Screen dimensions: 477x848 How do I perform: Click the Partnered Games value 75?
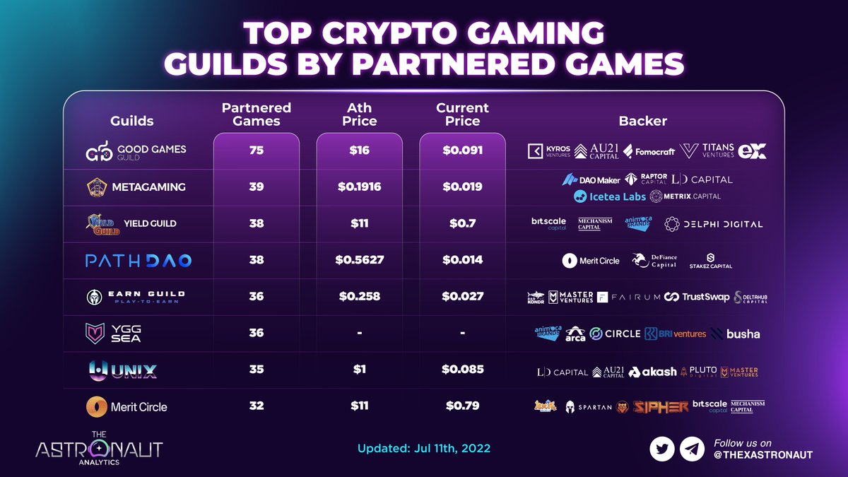click(257, 150)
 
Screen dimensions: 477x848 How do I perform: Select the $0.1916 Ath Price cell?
click(360, 187)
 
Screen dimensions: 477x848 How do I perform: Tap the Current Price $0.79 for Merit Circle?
click(462, 406)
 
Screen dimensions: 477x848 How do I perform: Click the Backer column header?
click(642, 121)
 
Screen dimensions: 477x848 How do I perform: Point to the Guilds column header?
click(132, 121)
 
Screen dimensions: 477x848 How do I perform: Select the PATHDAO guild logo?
click(139, 261)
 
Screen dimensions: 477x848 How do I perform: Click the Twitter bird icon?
click(662, 449)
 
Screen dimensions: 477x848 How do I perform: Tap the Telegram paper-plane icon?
click(692, 449)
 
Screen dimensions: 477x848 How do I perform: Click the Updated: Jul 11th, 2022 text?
click(424, 449)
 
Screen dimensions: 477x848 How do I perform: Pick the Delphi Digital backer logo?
click(714, 224)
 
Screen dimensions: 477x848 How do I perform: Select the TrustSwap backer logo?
click(696, 297)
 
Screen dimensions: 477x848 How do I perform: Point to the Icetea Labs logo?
click(610, 196)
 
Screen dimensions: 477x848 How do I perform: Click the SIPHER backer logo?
click(660, 406)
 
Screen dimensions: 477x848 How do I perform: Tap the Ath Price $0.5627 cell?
click(360, 260)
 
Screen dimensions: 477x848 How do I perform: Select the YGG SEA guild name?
click(126, 334)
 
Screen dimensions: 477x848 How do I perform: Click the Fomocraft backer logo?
click(649, 151)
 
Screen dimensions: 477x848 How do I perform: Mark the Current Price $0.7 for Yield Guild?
click(462, 223)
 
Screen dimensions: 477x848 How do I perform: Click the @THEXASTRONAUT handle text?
click(763, 456)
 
